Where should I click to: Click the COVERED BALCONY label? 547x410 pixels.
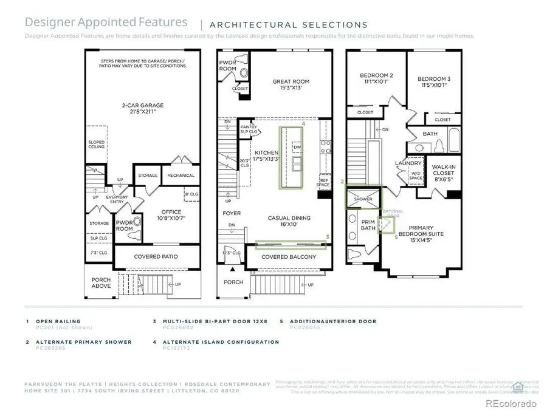289,257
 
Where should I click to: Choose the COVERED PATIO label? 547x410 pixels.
156,256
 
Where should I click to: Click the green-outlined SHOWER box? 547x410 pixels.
363,199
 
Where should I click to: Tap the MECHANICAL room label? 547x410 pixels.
181,176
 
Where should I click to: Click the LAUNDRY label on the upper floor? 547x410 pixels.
408,163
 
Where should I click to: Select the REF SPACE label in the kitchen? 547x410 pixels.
325,182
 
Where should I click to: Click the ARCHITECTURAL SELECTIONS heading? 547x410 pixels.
288,25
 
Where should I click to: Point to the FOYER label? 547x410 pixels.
232,213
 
